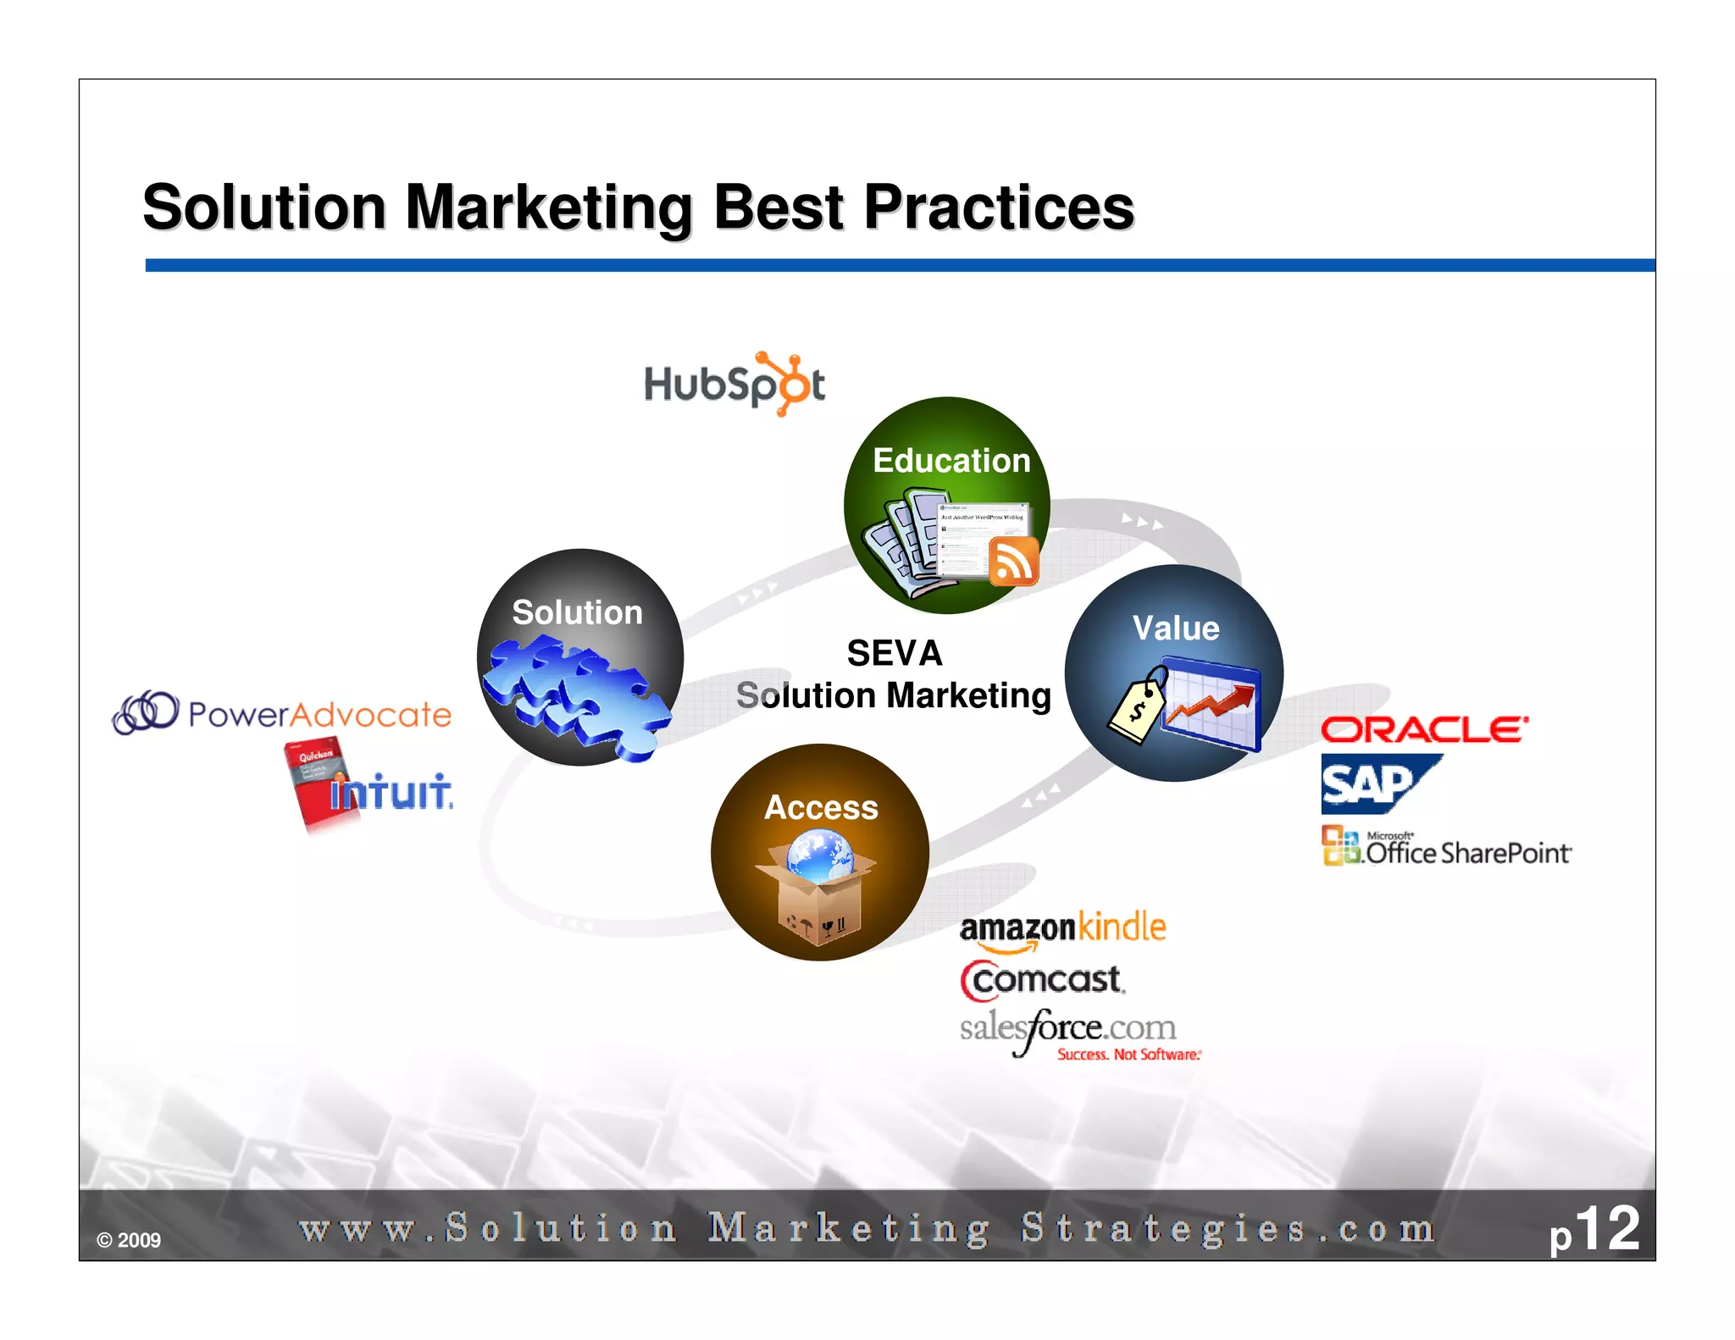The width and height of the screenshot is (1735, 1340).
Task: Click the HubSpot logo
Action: pos(734,385)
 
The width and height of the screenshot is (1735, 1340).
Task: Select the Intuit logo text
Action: pos(391,793)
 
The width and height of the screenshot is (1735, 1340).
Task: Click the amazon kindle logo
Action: pos(1062,929)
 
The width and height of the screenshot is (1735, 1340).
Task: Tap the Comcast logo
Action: pos(1043,980)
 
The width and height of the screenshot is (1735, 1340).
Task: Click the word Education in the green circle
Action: pos(951,461)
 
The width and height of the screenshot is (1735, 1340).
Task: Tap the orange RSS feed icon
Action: pos(1013,562)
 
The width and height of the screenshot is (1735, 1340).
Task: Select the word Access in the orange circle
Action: pos(821,807)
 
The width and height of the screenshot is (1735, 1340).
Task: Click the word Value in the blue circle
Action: pos(1176,628)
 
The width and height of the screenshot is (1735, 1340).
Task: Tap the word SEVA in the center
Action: pos(895,653)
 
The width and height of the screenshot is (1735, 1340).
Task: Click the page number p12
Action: pos(1594,1230)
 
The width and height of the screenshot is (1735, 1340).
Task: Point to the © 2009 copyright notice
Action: pos(129,1240)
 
